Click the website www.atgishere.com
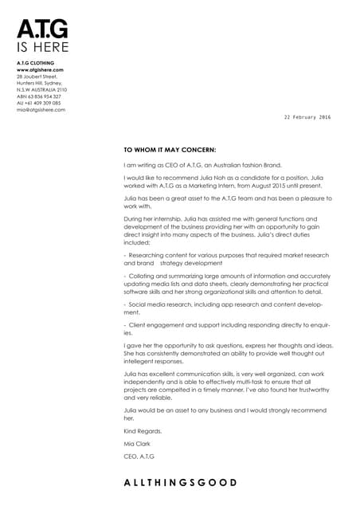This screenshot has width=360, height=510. [40, 70]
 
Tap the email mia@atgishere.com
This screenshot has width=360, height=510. [41, 109]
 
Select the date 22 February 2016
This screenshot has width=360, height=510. [307, 117]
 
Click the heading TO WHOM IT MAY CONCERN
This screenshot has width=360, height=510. [170, 148]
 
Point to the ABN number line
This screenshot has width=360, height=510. [38, 96]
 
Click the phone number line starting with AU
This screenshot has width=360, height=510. [38, 103]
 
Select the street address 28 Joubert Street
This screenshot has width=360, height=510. [37, 76]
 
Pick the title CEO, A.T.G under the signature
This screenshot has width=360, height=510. [139, 456]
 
